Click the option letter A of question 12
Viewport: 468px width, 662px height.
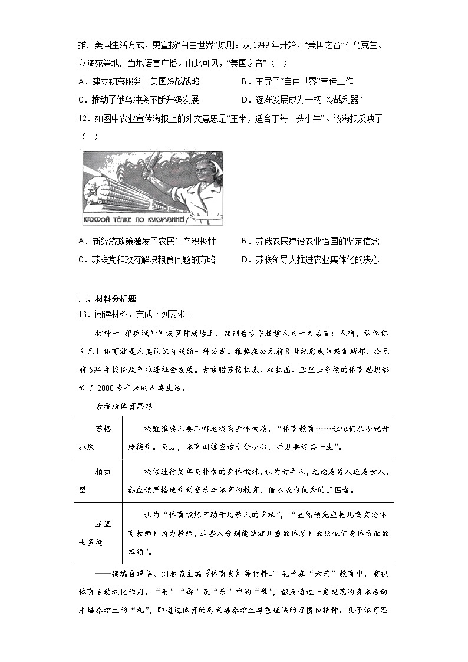(81, 241)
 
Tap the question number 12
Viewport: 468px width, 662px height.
(83, 118)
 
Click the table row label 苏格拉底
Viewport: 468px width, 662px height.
(98, 438)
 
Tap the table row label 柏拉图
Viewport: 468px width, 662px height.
(98, 481)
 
